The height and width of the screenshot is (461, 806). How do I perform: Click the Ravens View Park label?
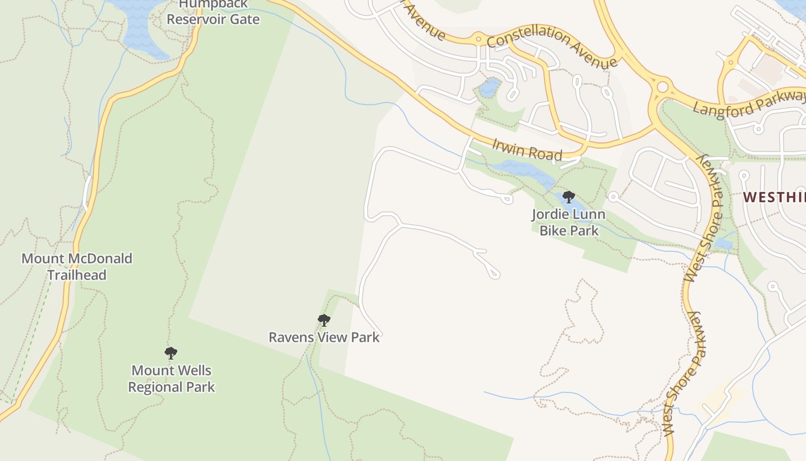point(324,337)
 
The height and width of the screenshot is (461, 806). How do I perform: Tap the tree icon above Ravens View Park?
point(324,320)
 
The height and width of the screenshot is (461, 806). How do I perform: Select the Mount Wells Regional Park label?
point(171,379)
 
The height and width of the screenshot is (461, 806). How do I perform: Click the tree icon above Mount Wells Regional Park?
point(170,353)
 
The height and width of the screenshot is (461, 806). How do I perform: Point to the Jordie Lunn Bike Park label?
point(568,222)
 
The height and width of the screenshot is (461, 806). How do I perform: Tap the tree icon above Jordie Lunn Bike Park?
point(569,197)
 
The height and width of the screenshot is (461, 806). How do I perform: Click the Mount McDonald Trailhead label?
point(77,266)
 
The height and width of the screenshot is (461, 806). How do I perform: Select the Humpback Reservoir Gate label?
point(213,13)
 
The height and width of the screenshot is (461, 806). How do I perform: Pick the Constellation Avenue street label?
point(553,46)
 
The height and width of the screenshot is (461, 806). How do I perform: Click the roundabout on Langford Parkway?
point(662,88)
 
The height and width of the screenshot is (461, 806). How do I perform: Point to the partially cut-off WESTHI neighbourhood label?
point(774,197)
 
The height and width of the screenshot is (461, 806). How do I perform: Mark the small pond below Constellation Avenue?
point(490,88)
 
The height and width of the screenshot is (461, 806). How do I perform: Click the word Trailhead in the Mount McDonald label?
point(77,275)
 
